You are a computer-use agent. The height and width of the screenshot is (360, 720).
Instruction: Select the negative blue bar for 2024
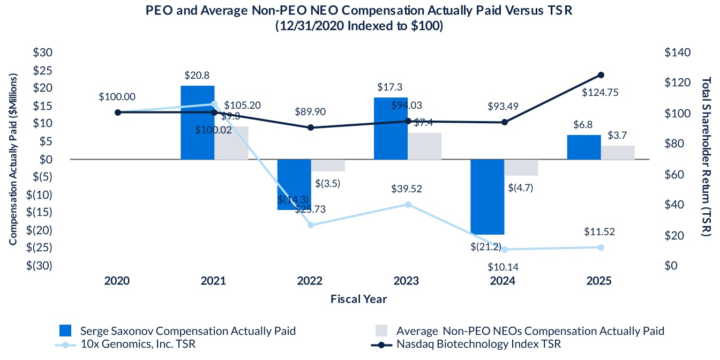tap(487, 197)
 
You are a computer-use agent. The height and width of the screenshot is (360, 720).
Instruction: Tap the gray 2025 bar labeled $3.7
tap(618, 152)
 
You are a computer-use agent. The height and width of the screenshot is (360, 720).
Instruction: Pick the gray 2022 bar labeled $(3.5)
tap(328, 165)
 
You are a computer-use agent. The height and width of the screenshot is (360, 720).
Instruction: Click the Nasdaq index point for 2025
tap(601, 75)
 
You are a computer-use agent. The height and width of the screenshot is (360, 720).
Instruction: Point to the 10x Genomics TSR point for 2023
tap(408, 205)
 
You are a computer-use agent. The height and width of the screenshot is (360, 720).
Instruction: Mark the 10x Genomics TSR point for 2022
tap(311, 225)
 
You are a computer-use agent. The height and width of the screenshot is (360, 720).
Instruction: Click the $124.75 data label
tap(600, 92)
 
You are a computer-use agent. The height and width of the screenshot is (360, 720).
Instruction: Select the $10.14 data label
tap(505, 266)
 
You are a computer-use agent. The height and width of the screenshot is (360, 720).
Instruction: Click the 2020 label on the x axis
tap(117, 281)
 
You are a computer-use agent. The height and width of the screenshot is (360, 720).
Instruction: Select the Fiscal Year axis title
tap(358, 299)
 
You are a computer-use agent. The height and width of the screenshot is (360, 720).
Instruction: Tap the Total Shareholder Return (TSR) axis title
tap(706, 156)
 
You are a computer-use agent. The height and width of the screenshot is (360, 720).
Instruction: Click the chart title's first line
tap(358, 11)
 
